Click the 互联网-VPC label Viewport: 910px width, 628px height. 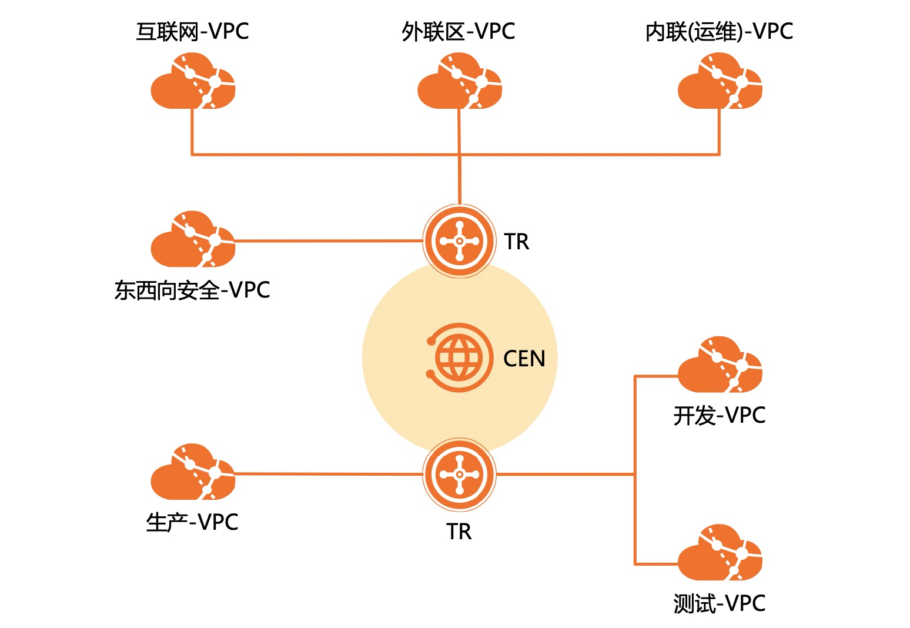192,32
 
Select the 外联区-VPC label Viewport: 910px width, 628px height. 459,32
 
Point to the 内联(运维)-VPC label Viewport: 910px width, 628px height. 719,32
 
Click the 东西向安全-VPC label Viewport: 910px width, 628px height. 192,290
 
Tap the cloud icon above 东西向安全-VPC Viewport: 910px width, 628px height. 193,239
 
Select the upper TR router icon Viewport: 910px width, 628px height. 459,240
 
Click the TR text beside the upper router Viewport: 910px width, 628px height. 517,242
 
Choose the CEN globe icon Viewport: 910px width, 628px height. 458,358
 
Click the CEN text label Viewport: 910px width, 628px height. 524,359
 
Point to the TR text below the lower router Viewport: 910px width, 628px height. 459,532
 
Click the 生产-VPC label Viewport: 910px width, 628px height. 192,522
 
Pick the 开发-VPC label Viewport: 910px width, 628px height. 719,416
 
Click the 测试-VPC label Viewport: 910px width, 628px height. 719,604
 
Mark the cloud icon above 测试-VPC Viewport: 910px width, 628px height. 720,553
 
